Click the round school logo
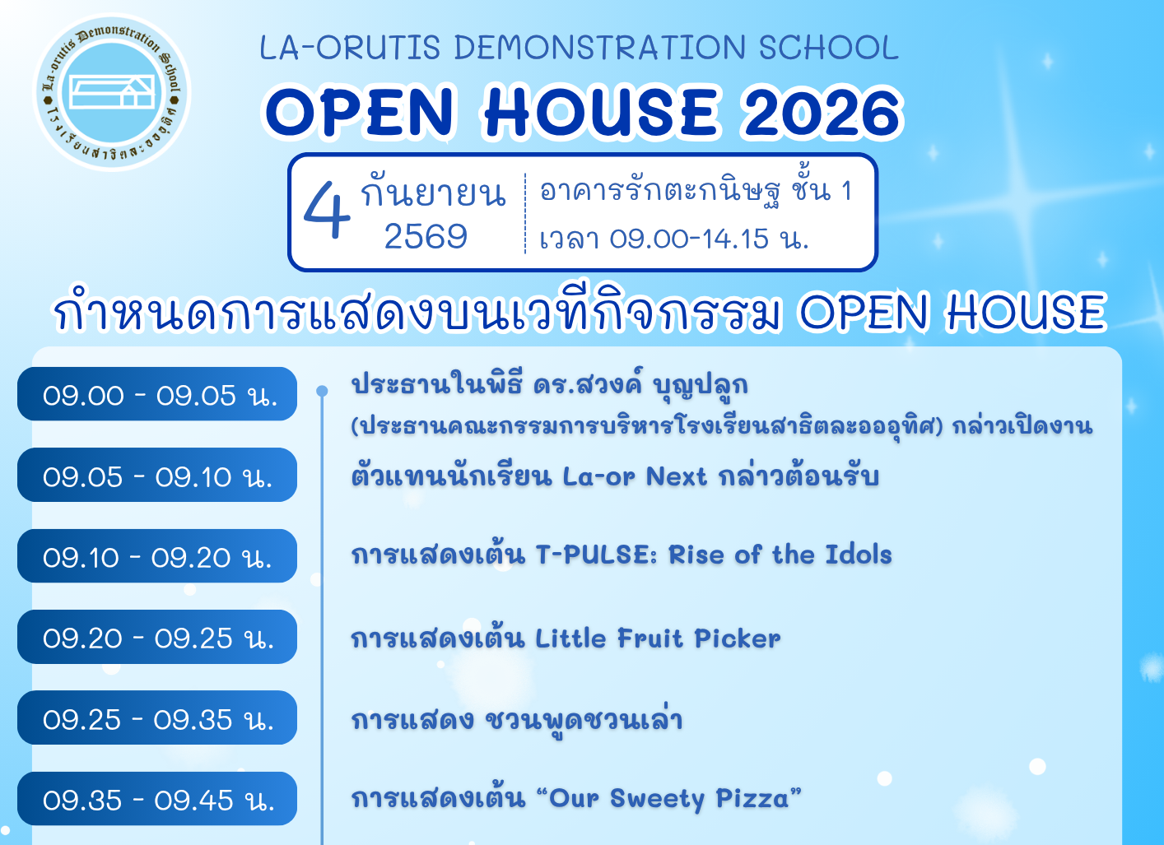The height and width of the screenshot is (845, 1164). pyautogui.click(x=112, y=92)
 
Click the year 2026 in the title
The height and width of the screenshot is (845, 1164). pyautogui.click(x=822, y=112)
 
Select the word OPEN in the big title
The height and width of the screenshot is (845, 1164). pyautogui.click(x=360, y=112)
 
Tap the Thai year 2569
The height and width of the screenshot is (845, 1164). pyautogui.click(x=426, y=236)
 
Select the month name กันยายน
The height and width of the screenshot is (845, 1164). pyautogui.click(x=433, y=193)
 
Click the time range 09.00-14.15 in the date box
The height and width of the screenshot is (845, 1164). pyautogui.click(x=688, y=239)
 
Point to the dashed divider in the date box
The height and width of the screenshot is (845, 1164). pyautogui.click(x=525, y=213)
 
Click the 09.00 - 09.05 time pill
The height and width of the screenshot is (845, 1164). pyautogui.click(x=157, y=394)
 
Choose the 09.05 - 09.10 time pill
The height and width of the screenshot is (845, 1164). pyautogui.click(x=157, y=475)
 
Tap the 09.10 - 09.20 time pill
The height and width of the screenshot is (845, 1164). pyautogui.click(x=157, y=555)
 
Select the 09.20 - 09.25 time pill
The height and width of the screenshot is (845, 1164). pyautogui.click(x=157, y=637)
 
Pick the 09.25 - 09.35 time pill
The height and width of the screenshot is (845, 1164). pyautogui.click(x=157, y=717)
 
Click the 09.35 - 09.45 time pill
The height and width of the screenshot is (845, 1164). pyautogui.click(x=157, y=799)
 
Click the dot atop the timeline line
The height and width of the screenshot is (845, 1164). pyautogui.click(x=322, y=391)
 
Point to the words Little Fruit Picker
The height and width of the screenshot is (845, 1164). pyautogui.click(x=658, y=638)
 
